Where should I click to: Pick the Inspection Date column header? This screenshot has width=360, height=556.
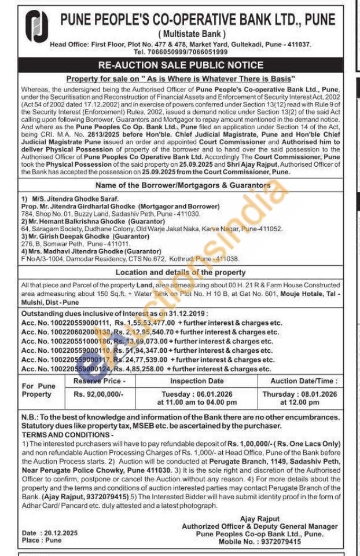pos(196,381)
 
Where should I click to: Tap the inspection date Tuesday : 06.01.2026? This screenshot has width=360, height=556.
pos(196,394)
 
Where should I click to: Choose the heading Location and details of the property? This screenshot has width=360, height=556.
pos(181,272)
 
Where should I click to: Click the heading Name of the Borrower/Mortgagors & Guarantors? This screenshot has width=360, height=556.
pos(181,185)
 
